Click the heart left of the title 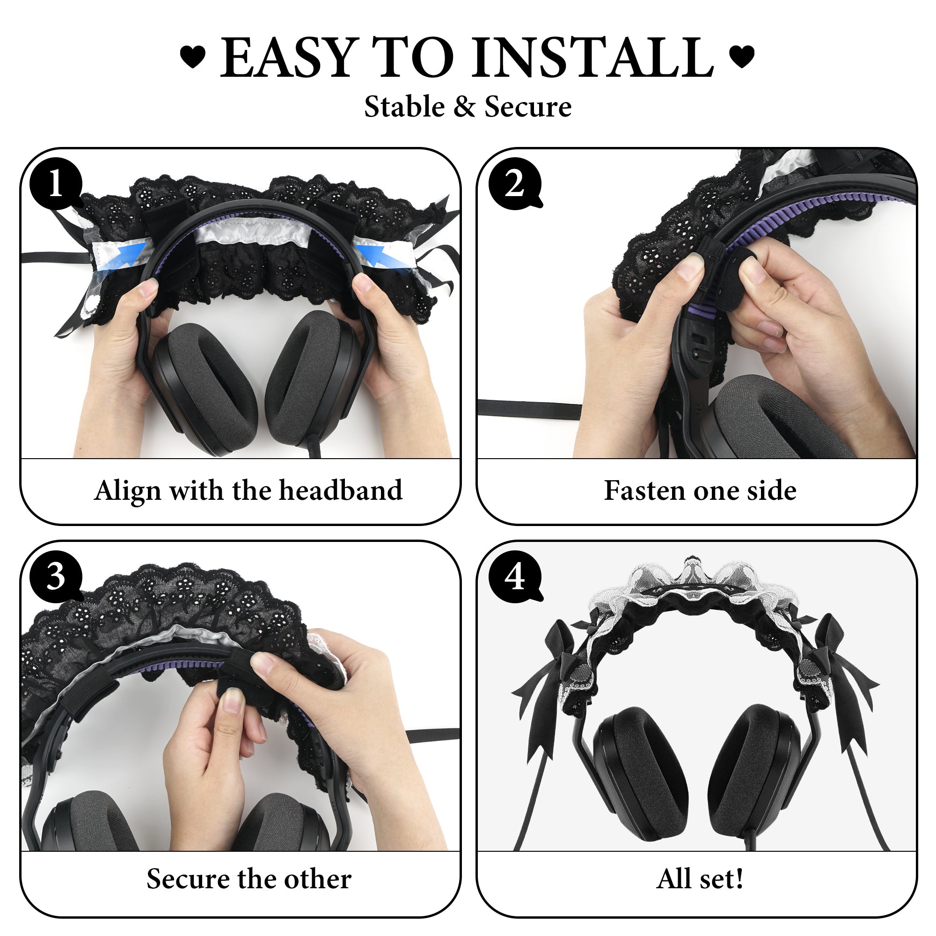tap(193, 57)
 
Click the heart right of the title tap(741, 57)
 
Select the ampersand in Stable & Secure tap(465, 107)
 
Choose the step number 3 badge tap(56, 577)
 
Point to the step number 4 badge tap(515, 577)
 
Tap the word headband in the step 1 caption tap(341, 490)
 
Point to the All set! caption tap(700, 879)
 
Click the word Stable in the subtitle tap(404, 107)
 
